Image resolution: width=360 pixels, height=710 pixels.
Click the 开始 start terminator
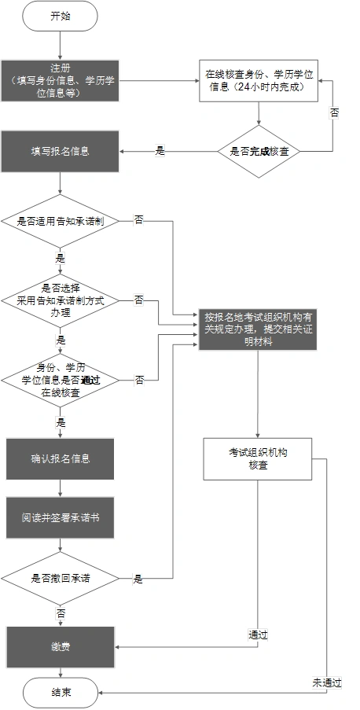coord(61,16)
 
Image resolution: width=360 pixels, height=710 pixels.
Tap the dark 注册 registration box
coord(61,80)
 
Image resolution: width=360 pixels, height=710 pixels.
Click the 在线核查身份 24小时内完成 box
coord(259,80)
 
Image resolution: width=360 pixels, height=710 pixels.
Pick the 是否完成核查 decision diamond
coord(259,151)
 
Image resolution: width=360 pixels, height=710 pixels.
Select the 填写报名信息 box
coord(61,151)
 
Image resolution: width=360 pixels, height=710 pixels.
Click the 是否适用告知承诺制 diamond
coord(61,222)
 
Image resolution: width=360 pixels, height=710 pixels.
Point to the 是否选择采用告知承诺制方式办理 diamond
coord(61,300)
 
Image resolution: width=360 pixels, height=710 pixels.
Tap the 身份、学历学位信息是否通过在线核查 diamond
coord(61,380)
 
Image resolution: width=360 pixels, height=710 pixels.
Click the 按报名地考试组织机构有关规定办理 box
coord(260,329)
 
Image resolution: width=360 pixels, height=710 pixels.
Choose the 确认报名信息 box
coord(61,459)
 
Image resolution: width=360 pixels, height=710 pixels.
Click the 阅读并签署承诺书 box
coord(61,520)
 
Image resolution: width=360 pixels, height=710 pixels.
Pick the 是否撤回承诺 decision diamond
coord(61,579)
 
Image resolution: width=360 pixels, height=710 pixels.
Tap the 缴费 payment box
coord(61,646)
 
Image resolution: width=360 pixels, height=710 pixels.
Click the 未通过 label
coord(326,682)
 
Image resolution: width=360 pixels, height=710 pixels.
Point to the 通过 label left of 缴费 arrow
coord(258,635)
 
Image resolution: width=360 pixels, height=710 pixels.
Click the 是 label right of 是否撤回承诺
coord(138,579)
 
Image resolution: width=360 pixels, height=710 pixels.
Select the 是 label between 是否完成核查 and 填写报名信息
coord(160,151)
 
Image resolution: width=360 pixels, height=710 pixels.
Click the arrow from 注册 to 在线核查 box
coord(160,80)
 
